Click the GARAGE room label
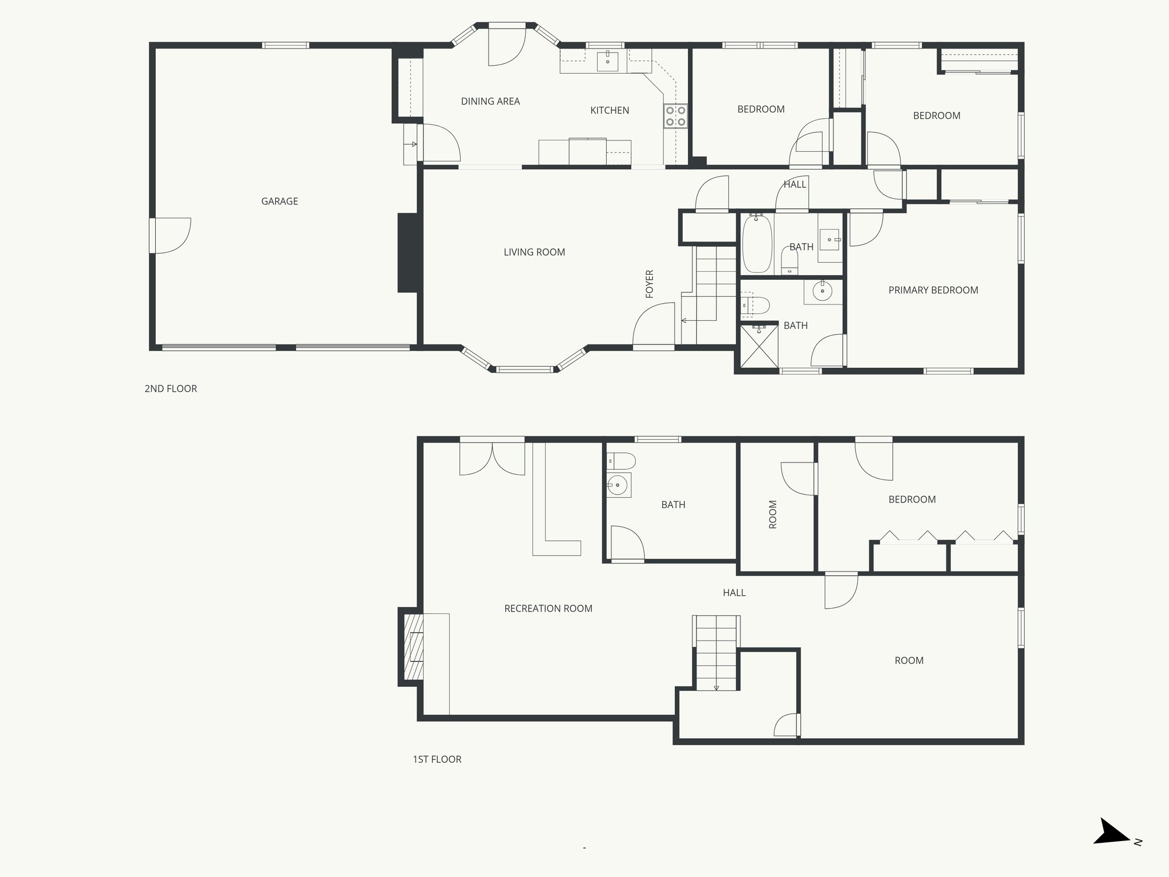coord(279,201)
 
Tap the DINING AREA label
coord(490,101)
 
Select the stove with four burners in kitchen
coord(675,116)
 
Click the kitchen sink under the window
coord(607,61)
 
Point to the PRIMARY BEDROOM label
coord(933,290)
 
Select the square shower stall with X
coord(759,346)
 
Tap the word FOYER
coord(649,284)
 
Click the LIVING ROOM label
coord(534,252)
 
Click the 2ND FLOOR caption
coord(171,389)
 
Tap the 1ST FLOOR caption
coord(437,759)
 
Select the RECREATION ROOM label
coord(548,609)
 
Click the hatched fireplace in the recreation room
coord(412,646)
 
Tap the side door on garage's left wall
coord(170,235)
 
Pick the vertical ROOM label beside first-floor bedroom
coord(773,514)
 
